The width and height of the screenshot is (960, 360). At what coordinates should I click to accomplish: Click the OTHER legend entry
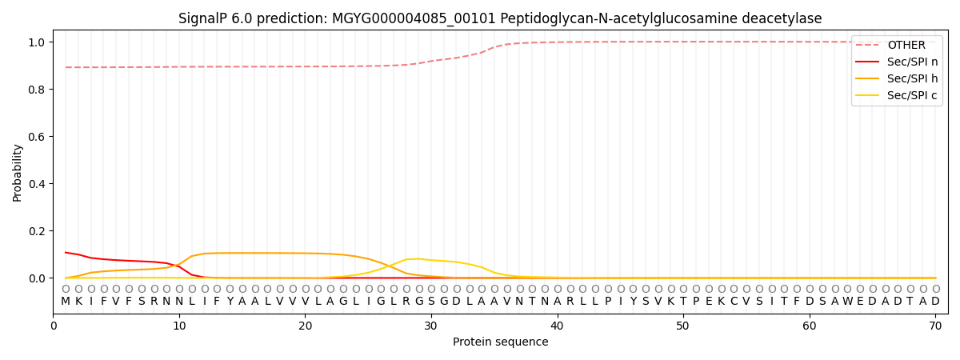click(906, 45)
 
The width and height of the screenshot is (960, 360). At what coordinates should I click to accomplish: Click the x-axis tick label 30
click(431, 325)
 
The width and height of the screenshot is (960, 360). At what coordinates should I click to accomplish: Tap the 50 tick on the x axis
click(683, 325)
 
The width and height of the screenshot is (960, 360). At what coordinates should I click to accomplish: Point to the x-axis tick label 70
click(935, 325)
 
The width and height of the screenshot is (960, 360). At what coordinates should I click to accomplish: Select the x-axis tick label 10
click(179, 325)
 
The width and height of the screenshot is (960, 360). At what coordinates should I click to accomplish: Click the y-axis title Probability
click(18, 172)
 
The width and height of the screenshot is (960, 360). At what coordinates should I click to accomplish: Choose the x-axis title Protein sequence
click(501, 342)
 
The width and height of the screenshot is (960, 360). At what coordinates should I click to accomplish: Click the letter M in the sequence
click(66, 302)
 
